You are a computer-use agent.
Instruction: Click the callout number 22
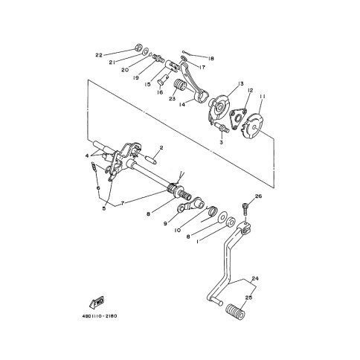(99, 56)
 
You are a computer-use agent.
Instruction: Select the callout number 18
(211, 59)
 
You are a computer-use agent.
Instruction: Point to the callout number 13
(240, 83)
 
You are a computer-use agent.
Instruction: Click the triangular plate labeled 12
(238, 118)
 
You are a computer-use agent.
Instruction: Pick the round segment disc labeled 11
(252, 125)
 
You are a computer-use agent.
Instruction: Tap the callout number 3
(222, 142)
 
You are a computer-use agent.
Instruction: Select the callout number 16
(160, 92)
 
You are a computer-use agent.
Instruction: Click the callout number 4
(86, 156)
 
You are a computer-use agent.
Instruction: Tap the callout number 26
(258, 196)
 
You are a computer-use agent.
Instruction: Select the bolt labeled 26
(245, 209)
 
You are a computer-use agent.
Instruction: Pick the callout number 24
(255, 279)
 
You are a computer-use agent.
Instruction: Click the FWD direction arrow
(97, 302)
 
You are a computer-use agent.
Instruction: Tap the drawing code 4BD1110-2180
(100, 316)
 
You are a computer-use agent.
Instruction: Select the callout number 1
(198, 241)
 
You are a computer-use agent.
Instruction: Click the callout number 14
(182, 105)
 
